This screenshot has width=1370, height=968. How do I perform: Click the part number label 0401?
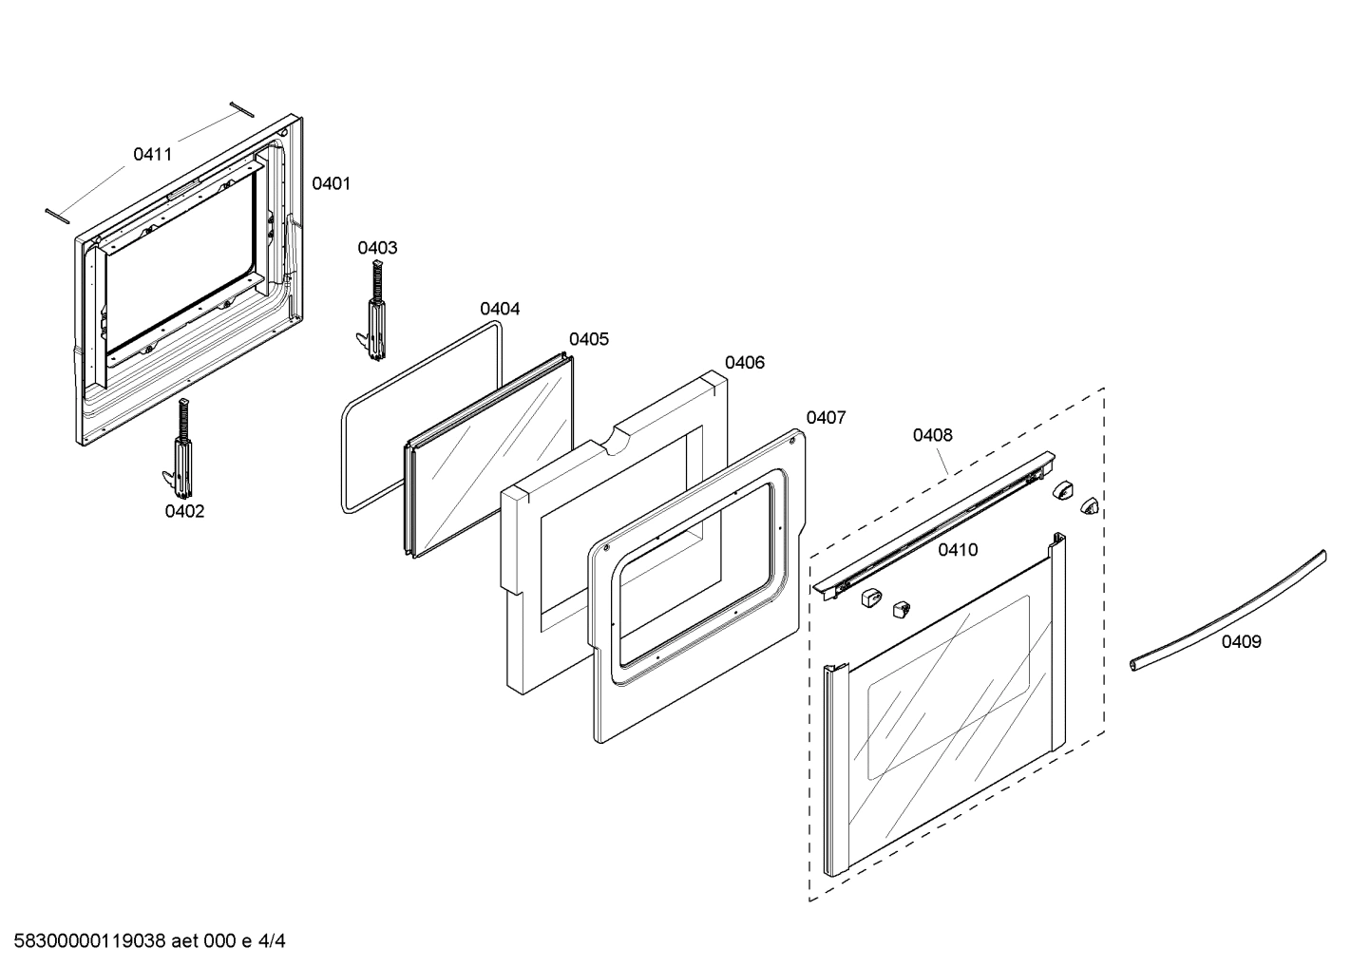(x=331, y=184)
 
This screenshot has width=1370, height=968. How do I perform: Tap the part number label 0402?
(x=184, y=511)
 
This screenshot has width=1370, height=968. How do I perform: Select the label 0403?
(x=377, y=248)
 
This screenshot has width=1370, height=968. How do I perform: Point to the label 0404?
(x=500, y=309)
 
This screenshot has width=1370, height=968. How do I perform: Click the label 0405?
(x=589, y=339)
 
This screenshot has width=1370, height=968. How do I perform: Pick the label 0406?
(x=745, y=362)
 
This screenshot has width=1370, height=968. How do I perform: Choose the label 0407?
(x=826, y=417)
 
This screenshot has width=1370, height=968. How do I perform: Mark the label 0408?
(x=932, y=435)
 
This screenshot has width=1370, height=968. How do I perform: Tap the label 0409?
(x=1241, y=642)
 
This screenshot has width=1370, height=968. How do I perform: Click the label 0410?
(x=958, y=550)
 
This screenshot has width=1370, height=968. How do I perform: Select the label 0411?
(x=152, y=154)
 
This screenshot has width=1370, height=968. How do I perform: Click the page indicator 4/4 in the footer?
(x=272, y=942)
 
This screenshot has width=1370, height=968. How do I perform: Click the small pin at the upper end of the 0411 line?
(x=241, y=108)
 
